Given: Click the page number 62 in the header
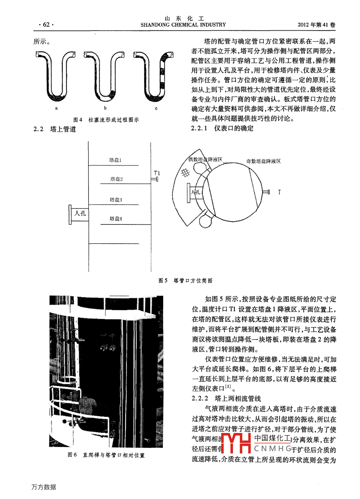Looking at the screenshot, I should tap(46, 25).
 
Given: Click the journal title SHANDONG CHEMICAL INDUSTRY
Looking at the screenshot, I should tap(183, 25).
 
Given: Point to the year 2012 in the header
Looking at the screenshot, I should tap(303, 25).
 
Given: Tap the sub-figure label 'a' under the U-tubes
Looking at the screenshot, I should tap(56, 108).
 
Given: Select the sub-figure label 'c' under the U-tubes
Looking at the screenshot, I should tap(156, 108).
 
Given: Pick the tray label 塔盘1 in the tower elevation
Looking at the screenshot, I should tap(115, 160).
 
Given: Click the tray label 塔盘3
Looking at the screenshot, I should tap(116, 200).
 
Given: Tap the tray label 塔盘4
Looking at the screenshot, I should tap(116, 219).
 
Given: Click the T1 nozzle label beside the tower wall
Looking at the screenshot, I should tap(157, 173).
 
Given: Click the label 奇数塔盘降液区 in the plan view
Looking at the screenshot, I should tap(263, 161).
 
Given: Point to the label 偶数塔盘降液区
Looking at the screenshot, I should tap(205, 159).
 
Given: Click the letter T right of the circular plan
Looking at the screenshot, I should tap(279, 192).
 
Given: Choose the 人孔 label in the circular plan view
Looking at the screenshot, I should tap(196, 192).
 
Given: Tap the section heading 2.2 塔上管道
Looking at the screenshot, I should tap(55, 129).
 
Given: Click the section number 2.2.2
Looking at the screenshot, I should tap(200, 399).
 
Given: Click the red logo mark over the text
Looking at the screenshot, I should tap(236, 443).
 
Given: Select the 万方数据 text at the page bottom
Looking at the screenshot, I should tap(44, 487).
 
